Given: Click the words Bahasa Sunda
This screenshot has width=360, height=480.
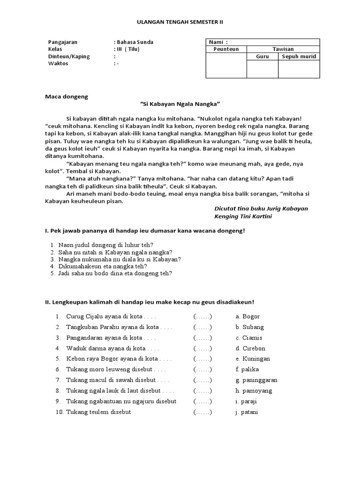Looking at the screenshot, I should point(135,42).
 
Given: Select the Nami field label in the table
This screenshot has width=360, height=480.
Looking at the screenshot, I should point(216,42).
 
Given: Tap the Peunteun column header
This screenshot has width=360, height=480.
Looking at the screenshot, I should point(226,49).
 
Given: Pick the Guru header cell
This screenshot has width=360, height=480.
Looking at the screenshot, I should point(262,56).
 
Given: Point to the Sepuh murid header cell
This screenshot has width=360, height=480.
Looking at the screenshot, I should point(299,56).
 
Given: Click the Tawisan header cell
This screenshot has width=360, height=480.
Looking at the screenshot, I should point(283,49).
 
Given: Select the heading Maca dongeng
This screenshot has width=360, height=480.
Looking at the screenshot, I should point(67,97).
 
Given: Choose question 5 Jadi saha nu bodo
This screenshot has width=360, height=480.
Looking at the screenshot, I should point(115,273).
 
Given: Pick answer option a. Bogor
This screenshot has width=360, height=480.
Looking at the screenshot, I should point(247,316).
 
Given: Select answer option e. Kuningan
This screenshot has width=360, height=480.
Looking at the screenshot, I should point(253,359).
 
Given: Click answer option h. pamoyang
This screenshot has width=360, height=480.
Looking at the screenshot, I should point(254,390).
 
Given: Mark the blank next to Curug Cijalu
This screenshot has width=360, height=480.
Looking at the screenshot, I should point(202,316).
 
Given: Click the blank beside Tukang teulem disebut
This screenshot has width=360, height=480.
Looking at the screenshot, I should point(202,412).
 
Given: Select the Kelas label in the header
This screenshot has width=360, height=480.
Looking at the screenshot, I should point(55,49).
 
